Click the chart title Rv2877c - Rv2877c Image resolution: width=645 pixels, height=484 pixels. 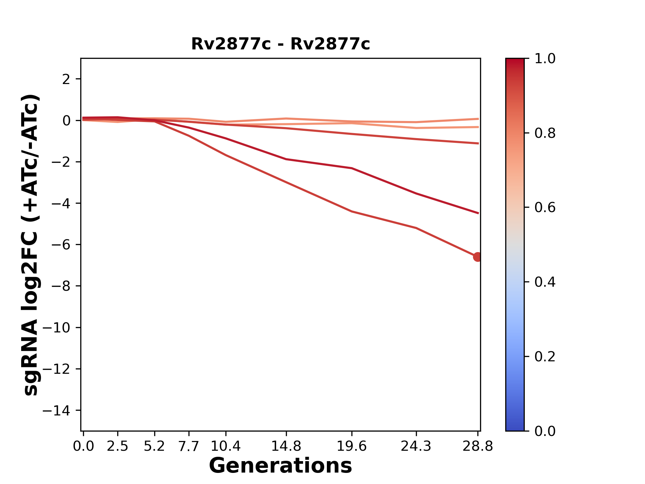coord(281,44)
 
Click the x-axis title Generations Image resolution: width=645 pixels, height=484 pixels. coord(281,466)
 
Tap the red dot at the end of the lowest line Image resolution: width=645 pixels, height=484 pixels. coord(477,257)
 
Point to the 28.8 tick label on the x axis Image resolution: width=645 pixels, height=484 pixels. coord(478,446)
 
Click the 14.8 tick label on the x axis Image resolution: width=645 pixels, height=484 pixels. coord(286,446)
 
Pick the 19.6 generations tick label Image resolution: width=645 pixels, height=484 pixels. coord(351,446)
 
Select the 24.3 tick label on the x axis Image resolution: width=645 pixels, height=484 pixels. coord(416,446)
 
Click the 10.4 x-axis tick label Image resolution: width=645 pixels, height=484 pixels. coord(225,446)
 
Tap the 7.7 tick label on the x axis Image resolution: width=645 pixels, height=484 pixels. coord(189,446)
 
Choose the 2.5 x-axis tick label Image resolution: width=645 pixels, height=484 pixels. coord(118,446)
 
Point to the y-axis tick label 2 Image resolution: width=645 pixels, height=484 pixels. coord(67,79)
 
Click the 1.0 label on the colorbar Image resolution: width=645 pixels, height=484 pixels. coord(545,59)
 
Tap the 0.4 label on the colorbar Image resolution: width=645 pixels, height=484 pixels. coord(545,282)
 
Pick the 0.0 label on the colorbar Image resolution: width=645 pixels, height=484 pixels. coord(545,431)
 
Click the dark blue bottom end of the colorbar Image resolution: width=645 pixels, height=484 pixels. coord(515,427)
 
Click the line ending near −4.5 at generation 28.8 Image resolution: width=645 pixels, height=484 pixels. coord(447,203)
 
